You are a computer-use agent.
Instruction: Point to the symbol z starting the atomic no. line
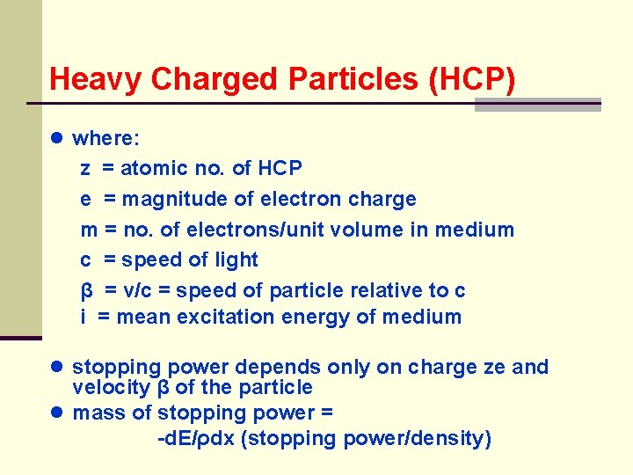point(84,168)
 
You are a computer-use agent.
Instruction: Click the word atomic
point(153,168)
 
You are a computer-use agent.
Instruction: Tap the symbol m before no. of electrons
point(89,230)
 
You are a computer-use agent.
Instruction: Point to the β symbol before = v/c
point(87,290)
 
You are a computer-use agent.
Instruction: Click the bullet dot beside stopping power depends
point(58,367)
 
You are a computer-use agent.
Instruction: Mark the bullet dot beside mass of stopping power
point(58,413)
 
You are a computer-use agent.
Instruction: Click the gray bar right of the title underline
point(537,105)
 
